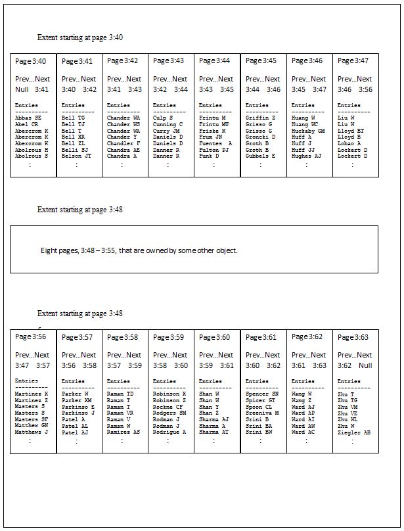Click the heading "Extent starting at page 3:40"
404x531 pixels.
tap(80, 38)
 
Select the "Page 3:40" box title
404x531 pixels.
tap(31, 61)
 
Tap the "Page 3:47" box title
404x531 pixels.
tap(353, 61)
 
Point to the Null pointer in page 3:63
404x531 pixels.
tap(365, 365)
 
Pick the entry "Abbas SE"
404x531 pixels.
tap(28, 118)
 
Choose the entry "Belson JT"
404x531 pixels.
tap(77, 156)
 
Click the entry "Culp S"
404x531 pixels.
tap(163, 118)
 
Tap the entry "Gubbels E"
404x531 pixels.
tap(260, 156)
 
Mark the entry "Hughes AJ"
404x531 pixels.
tap(306, 156)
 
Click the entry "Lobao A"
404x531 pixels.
tap(349, 143)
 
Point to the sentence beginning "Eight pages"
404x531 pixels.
tap(139, 250)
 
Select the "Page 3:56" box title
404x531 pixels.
tap(31, 336)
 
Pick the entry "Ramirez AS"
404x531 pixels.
tap(123, 432)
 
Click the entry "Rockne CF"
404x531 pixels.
tap(168, 406)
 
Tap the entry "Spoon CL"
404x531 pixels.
tap(259, 406)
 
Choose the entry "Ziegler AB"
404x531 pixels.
tap(354, 432)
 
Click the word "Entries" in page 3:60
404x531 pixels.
tap(210, 381)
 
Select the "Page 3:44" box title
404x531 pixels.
tap(215, 61)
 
